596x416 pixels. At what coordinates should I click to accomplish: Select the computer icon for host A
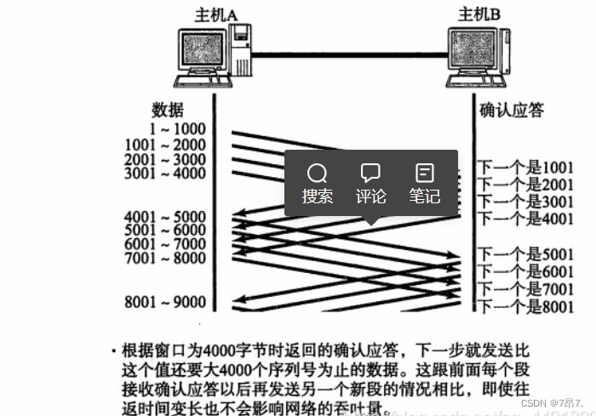pos(212,56)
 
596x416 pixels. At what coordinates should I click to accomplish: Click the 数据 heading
pos(169,110)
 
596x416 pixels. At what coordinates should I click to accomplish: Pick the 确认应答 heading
pos(512,110)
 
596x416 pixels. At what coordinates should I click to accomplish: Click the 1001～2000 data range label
pos(165,145)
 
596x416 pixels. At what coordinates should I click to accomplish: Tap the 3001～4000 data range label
pos(165,174)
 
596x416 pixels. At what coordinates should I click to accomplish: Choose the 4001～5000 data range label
pos(165,217)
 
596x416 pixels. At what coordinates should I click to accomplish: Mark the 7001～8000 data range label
pos(165,258)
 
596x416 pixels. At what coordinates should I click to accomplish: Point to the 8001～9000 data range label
pos(165,300)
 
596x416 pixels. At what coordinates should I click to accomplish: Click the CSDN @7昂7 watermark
pos(553,402)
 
